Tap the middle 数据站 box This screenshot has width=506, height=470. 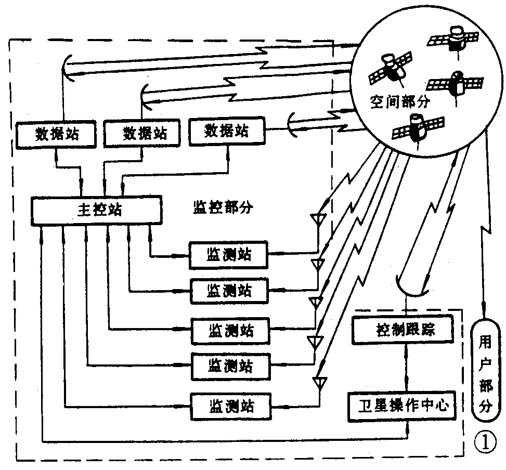coord(144,133)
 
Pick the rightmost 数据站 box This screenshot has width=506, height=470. coord(227,130)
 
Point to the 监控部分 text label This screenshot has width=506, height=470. coord(223,208)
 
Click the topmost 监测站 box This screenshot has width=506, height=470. coord(229,255)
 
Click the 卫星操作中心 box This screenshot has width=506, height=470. coord(404,404)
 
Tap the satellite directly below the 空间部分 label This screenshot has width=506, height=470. coord(418,128)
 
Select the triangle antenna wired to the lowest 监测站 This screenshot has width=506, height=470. coord(318,382)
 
